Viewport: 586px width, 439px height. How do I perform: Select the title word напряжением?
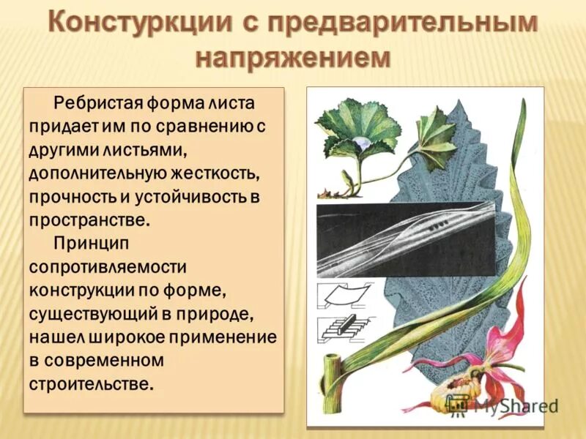(293, 58)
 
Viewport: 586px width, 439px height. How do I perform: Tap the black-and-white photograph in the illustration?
(407, 239)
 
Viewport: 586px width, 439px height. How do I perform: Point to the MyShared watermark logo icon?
(459, 402)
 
